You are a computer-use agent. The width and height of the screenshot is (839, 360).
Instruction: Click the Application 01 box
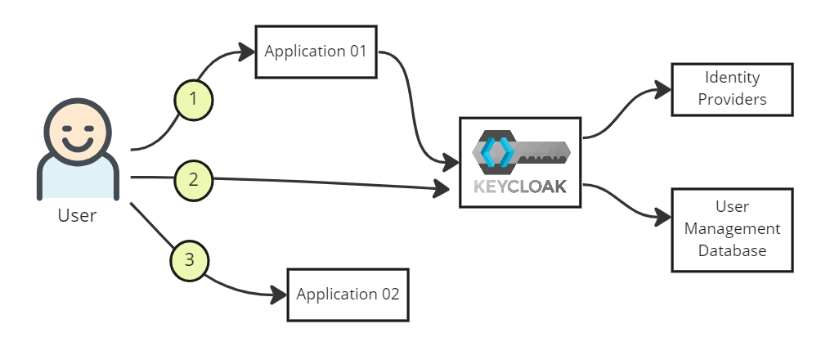(316, 52)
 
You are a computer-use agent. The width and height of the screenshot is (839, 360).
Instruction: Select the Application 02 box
(348, 295)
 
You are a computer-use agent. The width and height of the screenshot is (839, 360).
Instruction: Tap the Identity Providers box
(732, 88)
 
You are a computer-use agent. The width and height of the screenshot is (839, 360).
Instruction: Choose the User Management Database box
(732, 230)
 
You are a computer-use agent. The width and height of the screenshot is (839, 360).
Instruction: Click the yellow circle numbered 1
(193, 99)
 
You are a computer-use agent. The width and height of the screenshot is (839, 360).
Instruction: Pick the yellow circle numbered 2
(193, 178)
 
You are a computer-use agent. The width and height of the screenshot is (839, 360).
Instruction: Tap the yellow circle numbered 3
(190, 261)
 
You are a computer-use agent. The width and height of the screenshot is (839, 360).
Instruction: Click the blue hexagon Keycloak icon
(496, 152)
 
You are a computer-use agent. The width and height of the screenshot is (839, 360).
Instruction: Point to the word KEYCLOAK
(519, 187)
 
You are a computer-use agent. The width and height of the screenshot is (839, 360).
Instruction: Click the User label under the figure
(77, 216)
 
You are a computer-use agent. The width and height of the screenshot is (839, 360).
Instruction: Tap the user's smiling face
(77, 133)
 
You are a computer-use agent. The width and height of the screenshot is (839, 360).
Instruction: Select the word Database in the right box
(732, 250)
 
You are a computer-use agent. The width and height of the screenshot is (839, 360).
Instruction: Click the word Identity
(732, 78)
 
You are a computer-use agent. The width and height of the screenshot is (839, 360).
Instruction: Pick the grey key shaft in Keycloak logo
(543, 152)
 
